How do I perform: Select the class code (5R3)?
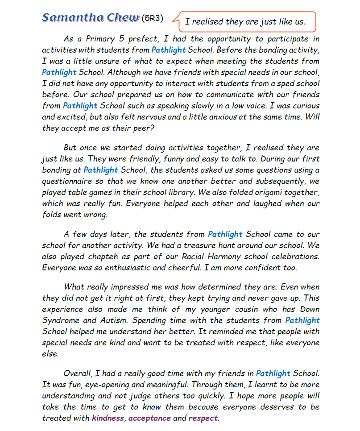pyautogui.click(x=152, y=18)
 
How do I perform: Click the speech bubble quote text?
pyautogui.click(x=245, y=21)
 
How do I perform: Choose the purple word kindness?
pyautogui.click(x=108, y=418)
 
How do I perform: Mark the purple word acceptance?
pyautogui.click(x=149, y=418)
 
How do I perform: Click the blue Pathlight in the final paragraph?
pyautogui.click(x=273, y=373)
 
